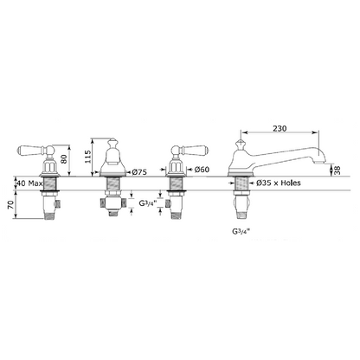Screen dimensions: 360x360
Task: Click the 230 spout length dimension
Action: coord(280,128)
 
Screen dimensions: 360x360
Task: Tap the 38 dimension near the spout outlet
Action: coord(337,170)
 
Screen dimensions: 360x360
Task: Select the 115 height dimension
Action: coord(88,157)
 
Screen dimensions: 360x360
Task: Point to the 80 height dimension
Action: coord(64,158)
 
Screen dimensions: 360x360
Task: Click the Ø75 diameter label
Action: coord(139,172)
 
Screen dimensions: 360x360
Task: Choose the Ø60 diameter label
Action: coord(202,170)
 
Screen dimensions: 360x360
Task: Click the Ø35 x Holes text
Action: coord(279,183)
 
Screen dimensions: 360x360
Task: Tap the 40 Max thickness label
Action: coord(29,183)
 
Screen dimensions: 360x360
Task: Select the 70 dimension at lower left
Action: coord(10,205)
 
